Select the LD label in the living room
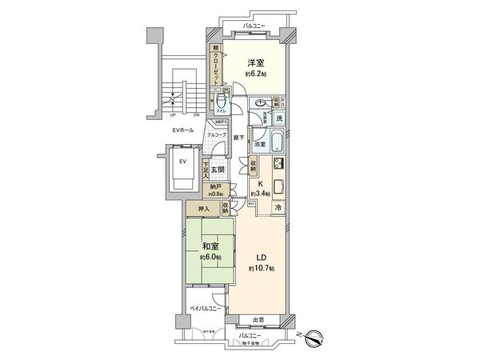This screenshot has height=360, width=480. point(260,258)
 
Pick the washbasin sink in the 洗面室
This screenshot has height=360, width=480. point(260,103)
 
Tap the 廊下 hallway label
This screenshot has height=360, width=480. point(238,137)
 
